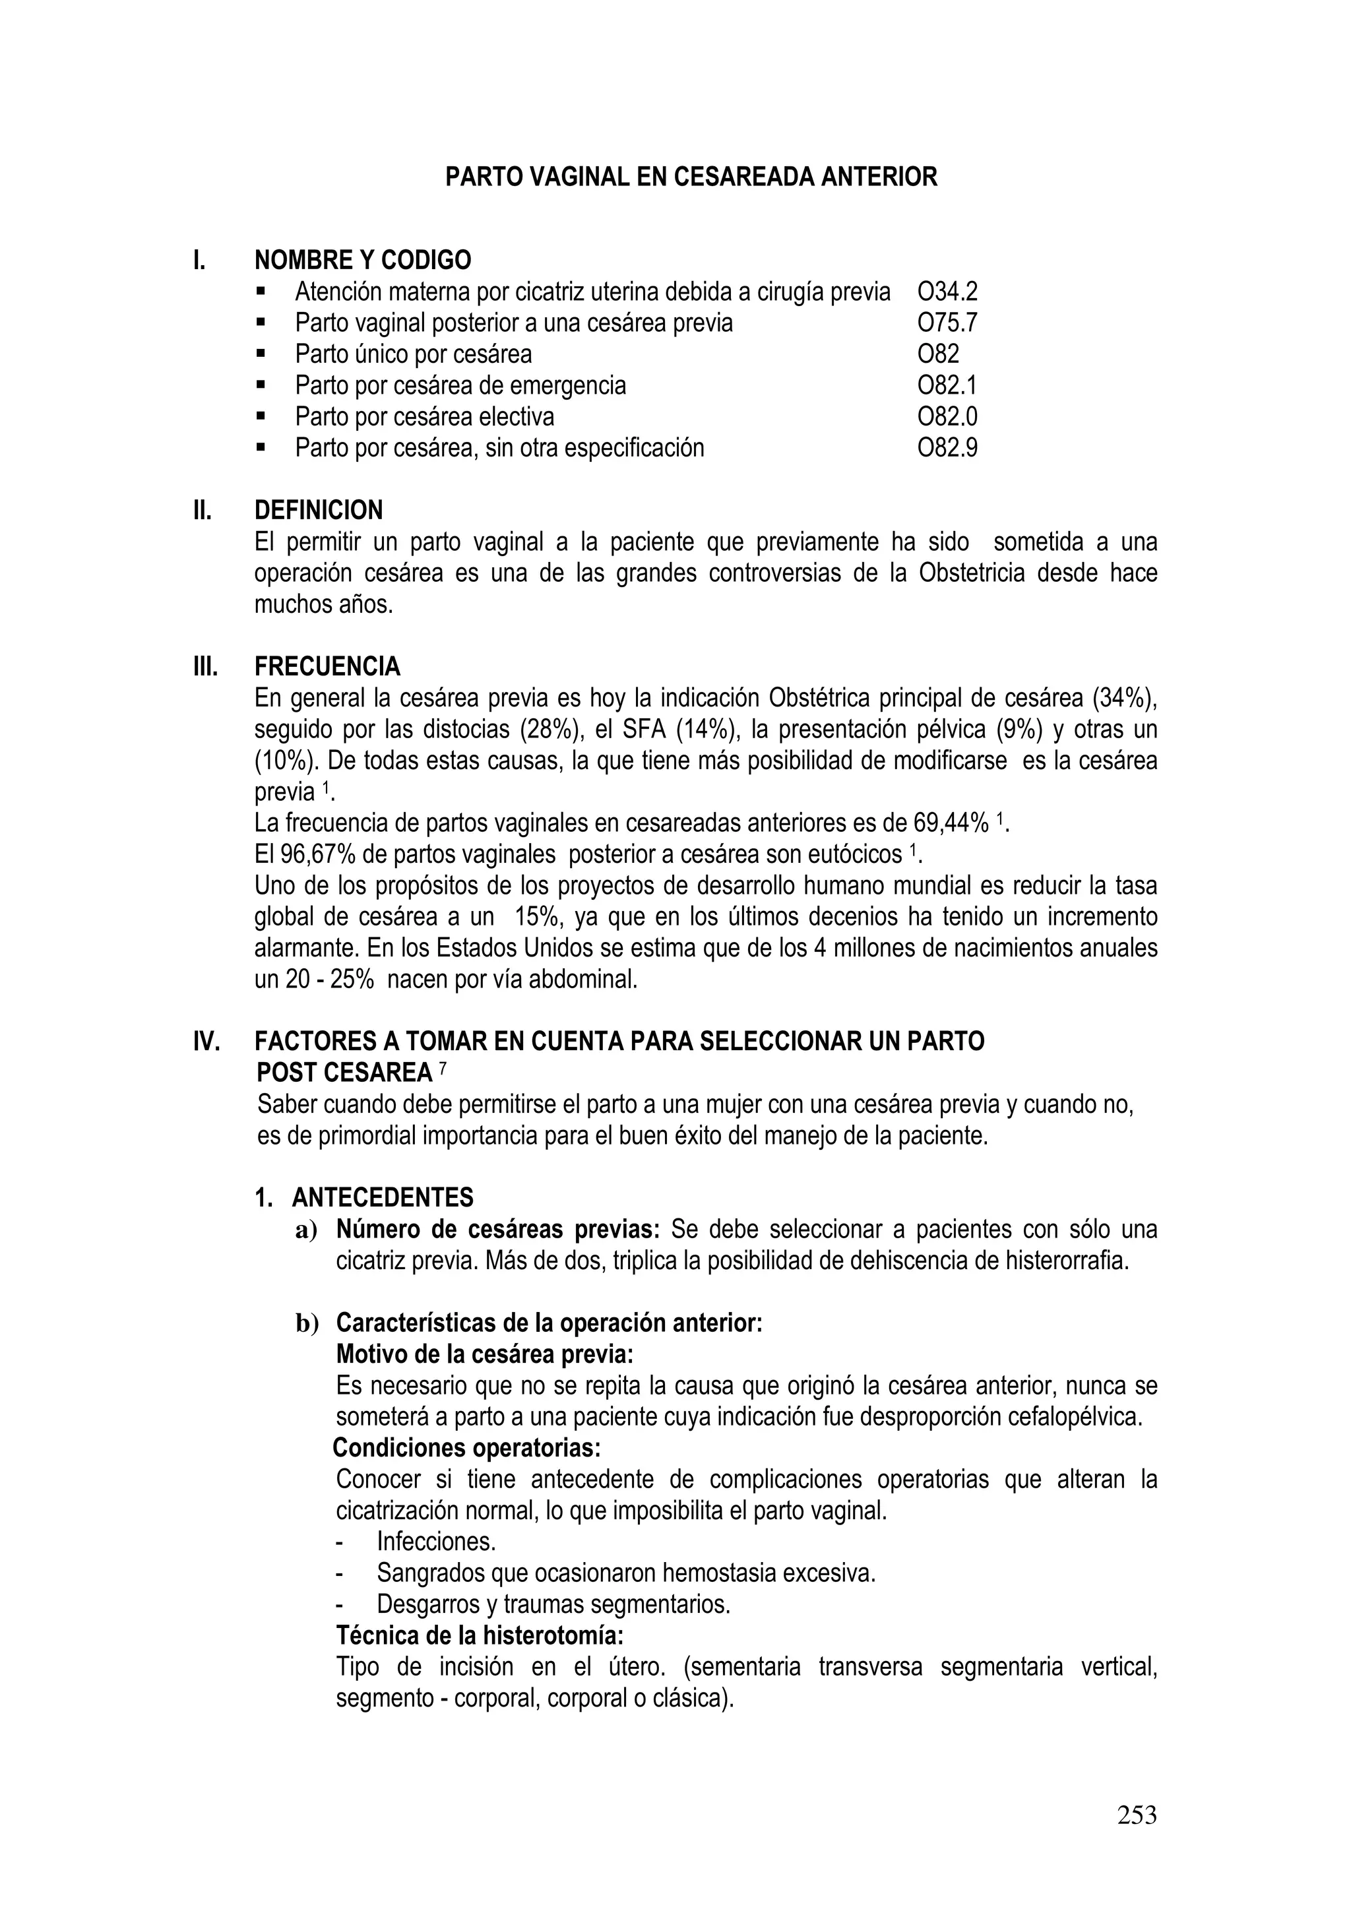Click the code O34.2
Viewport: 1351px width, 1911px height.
(947, 292)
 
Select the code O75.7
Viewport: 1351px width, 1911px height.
(947, 323)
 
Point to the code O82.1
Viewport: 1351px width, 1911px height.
(947, 385)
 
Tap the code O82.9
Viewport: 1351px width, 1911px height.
(947, 448)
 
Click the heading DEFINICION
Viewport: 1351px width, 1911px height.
(318, 510)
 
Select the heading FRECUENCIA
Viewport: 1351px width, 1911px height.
(327, 667)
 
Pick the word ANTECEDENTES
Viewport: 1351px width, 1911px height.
(382, 1198)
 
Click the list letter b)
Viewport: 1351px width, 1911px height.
(307, 1323)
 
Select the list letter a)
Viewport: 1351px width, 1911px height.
(306, 1230)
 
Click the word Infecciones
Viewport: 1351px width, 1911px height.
(435, 1542)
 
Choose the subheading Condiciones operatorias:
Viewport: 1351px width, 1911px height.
(466, 1448)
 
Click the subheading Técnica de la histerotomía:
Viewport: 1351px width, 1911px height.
(480, 1635)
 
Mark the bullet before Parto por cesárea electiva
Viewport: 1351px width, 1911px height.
(261, 416)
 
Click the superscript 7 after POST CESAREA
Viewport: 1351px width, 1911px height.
(442, 1068)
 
